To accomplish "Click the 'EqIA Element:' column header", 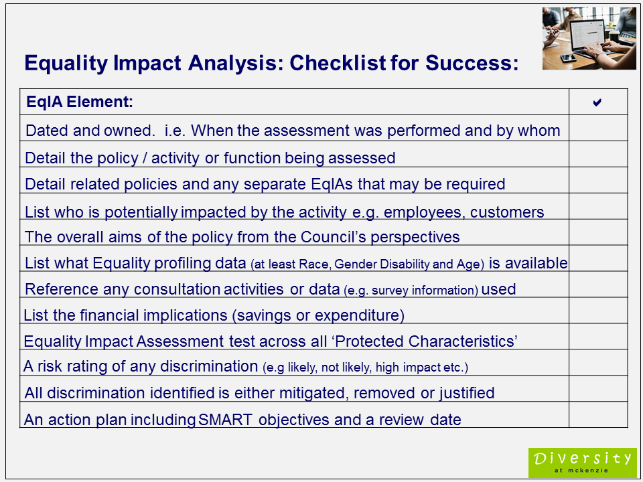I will point(80,102).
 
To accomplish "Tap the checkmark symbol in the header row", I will point(597,102).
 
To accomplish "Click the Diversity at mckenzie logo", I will point(582,463).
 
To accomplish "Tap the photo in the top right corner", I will point(589,38).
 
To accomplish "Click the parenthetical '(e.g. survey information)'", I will point(410,291).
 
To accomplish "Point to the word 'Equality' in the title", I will point(65,64).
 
